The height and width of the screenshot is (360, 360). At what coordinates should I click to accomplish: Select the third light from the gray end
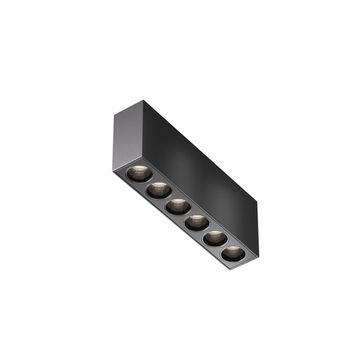pyautogui.click(x=176, y=205)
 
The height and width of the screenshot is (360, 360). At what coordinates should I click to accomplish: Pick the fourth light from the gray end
pyautogui.click(x=196, y=221)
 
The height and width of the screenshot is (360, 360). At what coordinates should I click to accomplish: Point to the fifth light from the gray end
pyautogui.click(x=215, y=237)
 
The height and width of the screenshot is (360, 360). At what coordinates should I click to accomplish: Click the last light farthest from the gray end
pyautogui.click(x=233, y=252)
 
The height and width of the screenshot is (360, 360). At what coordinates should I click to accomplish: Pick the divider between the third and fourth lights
pyautogui.click(x=186, y=213)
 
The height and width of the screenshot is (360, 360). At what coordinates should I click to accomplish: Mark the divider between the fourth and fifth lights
pyautogui.click(x=205, y=229)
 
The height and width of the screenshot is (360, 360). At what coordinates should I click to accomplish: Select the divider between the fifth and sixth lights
pyautogui.click(x=224, y=245)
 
